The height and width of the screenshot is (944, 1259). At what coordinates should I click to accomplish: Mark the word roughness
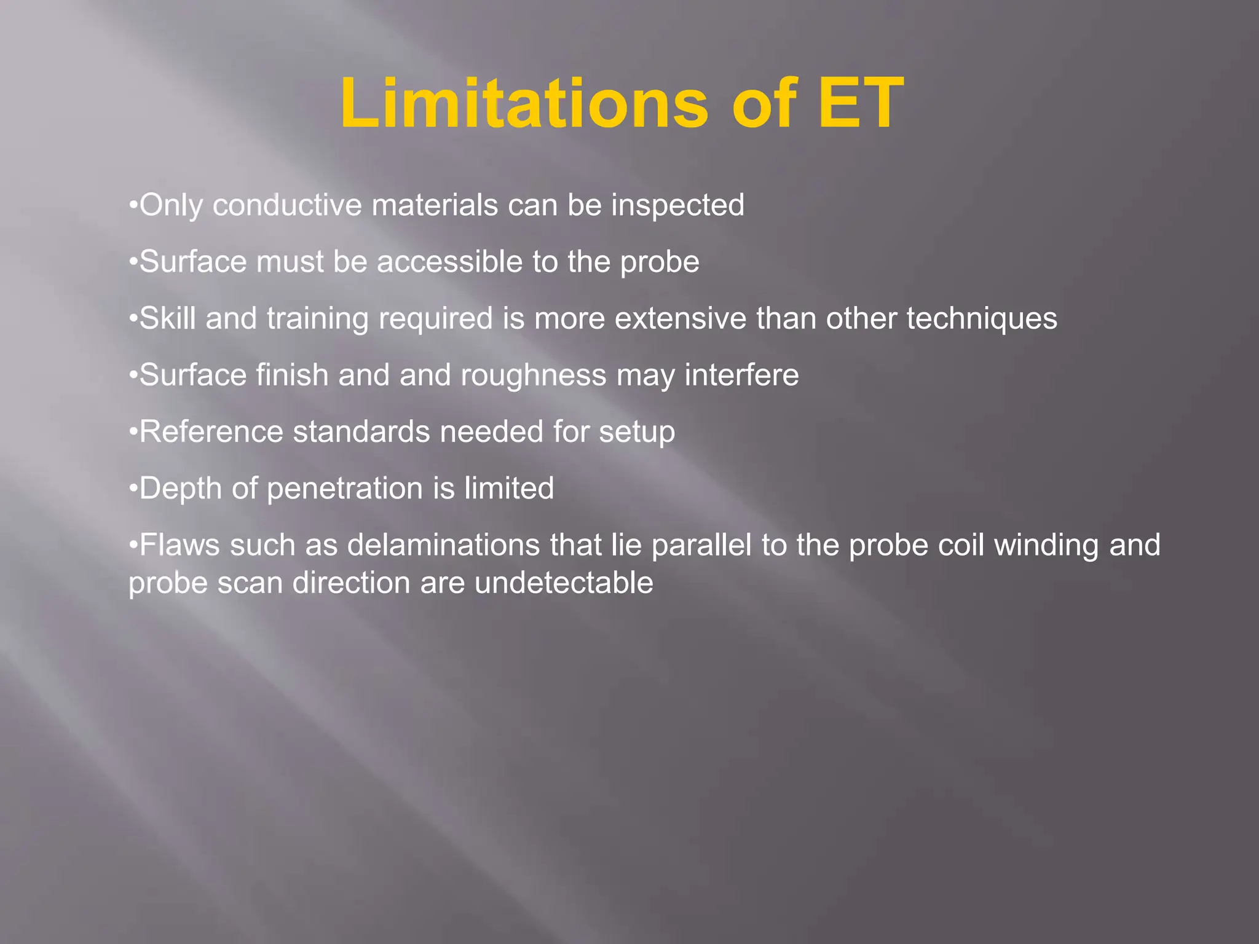(x=534, y=375)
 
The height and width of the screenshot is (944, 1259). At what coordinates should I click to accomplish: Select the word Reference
(x=211, y=431)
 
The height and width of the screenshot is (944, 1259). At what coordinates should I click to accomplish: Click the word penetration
(x=344, y=489)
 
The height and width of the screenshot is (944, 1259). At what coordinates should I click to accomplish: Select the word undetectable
(x=564, y=583)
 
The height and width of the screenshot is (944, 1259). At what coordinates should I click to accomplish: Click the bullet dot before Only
(x=133, y=205)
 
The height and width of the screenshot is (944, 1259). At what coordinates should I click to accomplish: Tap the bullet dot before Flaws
(x=133, y=545)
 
